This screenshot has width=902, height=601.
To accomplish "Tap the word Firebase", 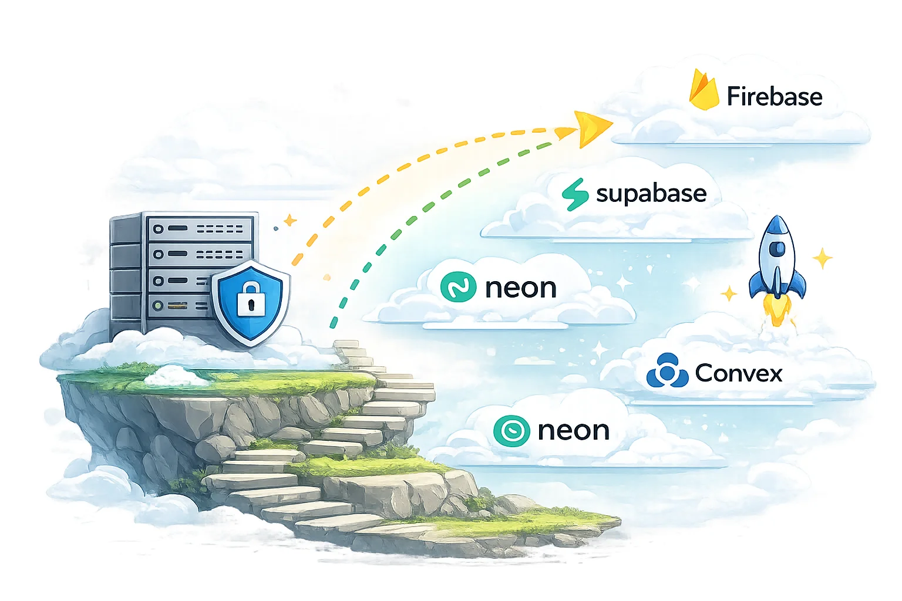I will (774, 97).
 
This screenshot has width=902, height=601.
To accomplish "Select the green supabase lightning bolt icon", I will (575, 194).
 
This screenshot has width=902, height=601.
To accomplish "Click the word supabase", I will (651, 194).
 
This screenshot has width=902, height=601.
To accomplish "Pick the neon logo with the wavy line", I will (458, 288).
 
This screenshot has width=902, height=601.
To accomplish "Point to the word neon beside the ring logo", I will (573, 431).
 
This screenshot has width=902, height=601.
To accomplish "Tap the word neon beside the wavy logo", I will (520, 288).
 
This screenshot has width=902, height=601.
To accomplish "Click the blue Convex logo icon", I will (667, 371).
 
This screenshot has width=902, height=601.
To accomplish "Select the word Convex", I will (738, 373).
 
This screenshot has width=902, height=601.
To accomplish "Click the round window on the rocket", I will (777, 249).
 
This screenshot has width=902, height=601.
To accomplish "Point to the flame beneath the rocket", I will (777, 311).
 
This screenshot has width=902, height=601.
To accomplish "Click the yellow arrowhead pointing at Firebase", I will (593, 128).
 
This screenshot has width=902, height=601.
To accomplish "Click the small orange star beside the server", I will (290, 221).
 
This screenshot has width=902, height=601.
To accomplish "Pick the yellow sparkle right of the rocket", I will (822, 258).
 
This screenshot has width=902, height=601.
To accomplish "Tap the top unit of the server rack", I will (200, 228).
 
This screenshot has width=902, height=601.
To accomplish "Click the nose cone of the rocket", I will (777, 225).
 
